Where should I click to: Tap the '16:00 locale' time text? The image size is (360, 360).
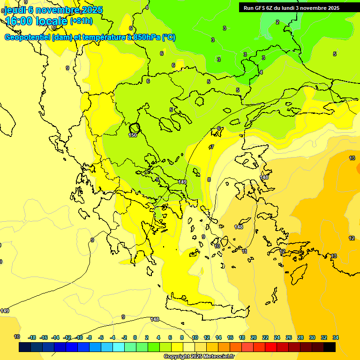tap(37, 21)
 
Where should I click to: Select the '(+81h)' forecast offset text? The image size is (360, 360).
tap(81, 21)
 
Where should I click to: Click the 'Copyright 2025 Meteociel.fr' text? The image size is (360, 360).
tap(199, 356)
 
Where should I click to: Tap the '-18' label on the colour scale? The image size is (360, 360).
tap(32, 337)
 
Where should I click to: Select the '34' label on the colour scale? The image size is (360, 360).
tap(336, 337)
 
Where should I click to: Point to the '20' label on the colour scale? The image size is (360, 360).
tap(254, 337)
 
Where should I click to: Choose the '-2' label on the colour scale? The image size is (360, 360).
tap(124, 337)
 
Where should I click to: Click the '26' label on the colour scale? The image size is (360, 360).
tap(289, 337)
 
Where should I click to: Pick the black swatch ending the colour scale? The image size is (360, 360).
tap(330, 347)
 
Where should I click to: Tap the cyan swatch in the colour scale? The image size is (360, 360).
tap(119, 347)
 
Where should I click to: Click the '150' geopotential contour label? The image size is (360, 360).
tap(133, 135)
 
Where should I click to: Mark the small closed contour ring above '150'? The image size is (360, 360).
tap(135, 127)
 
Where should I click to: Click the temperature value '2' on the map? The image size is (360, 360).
tap(277, 22)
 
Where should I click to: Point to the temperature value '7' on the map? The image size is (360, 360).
tap(212, 147)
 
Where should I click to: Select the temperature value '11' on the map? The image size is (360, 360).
tap(245, 251)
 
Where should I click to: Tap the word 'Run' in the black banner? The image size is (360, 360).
tap(248, 7)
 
